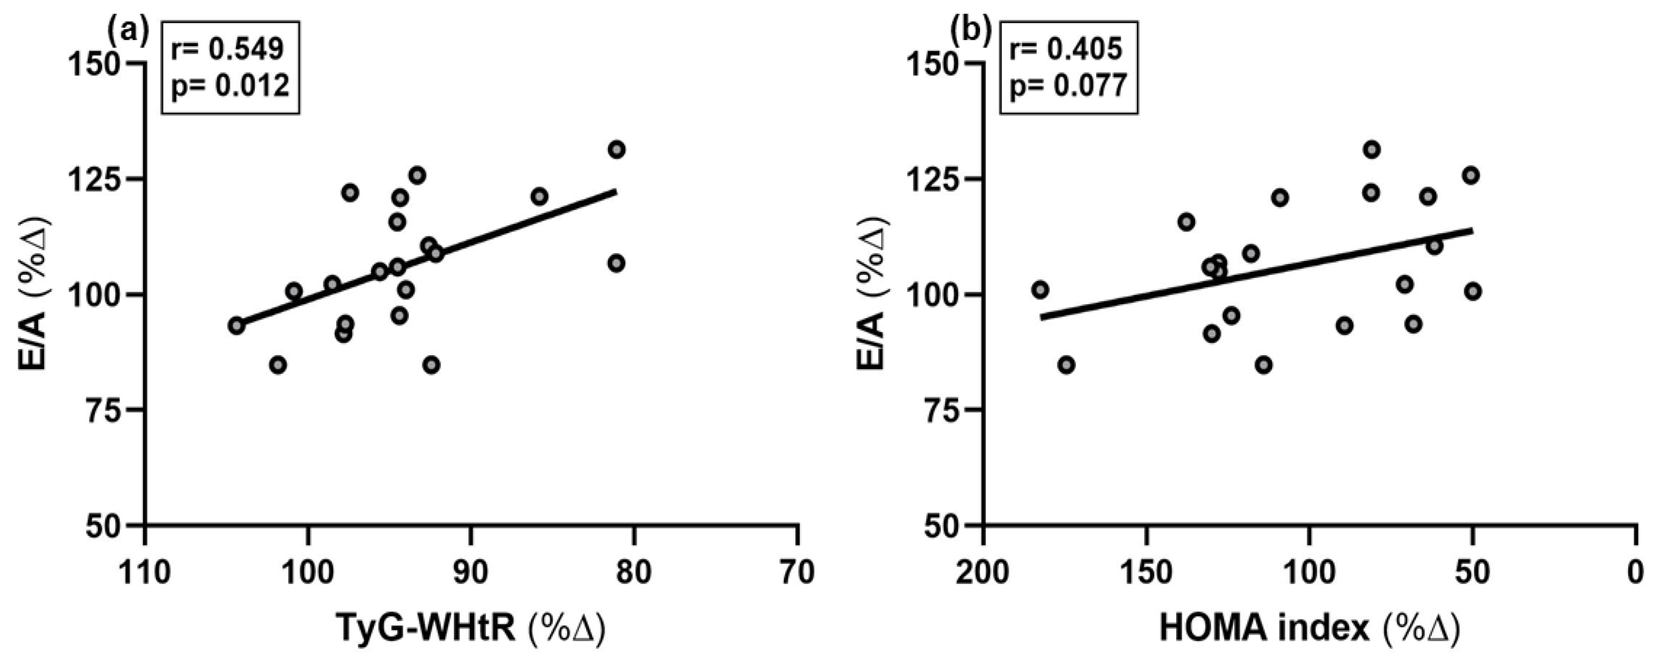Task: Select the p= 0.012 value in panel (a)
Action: pyautogui.click(x=230, y=85)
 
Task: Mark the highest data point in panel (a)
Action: pyautogui.click(x=616, y=150)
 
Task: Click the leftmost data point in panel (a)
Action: pyautogui.click(x=237, y=326)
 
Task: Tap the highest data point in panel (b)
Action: pyautogui.click(x=1371, y=150)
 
